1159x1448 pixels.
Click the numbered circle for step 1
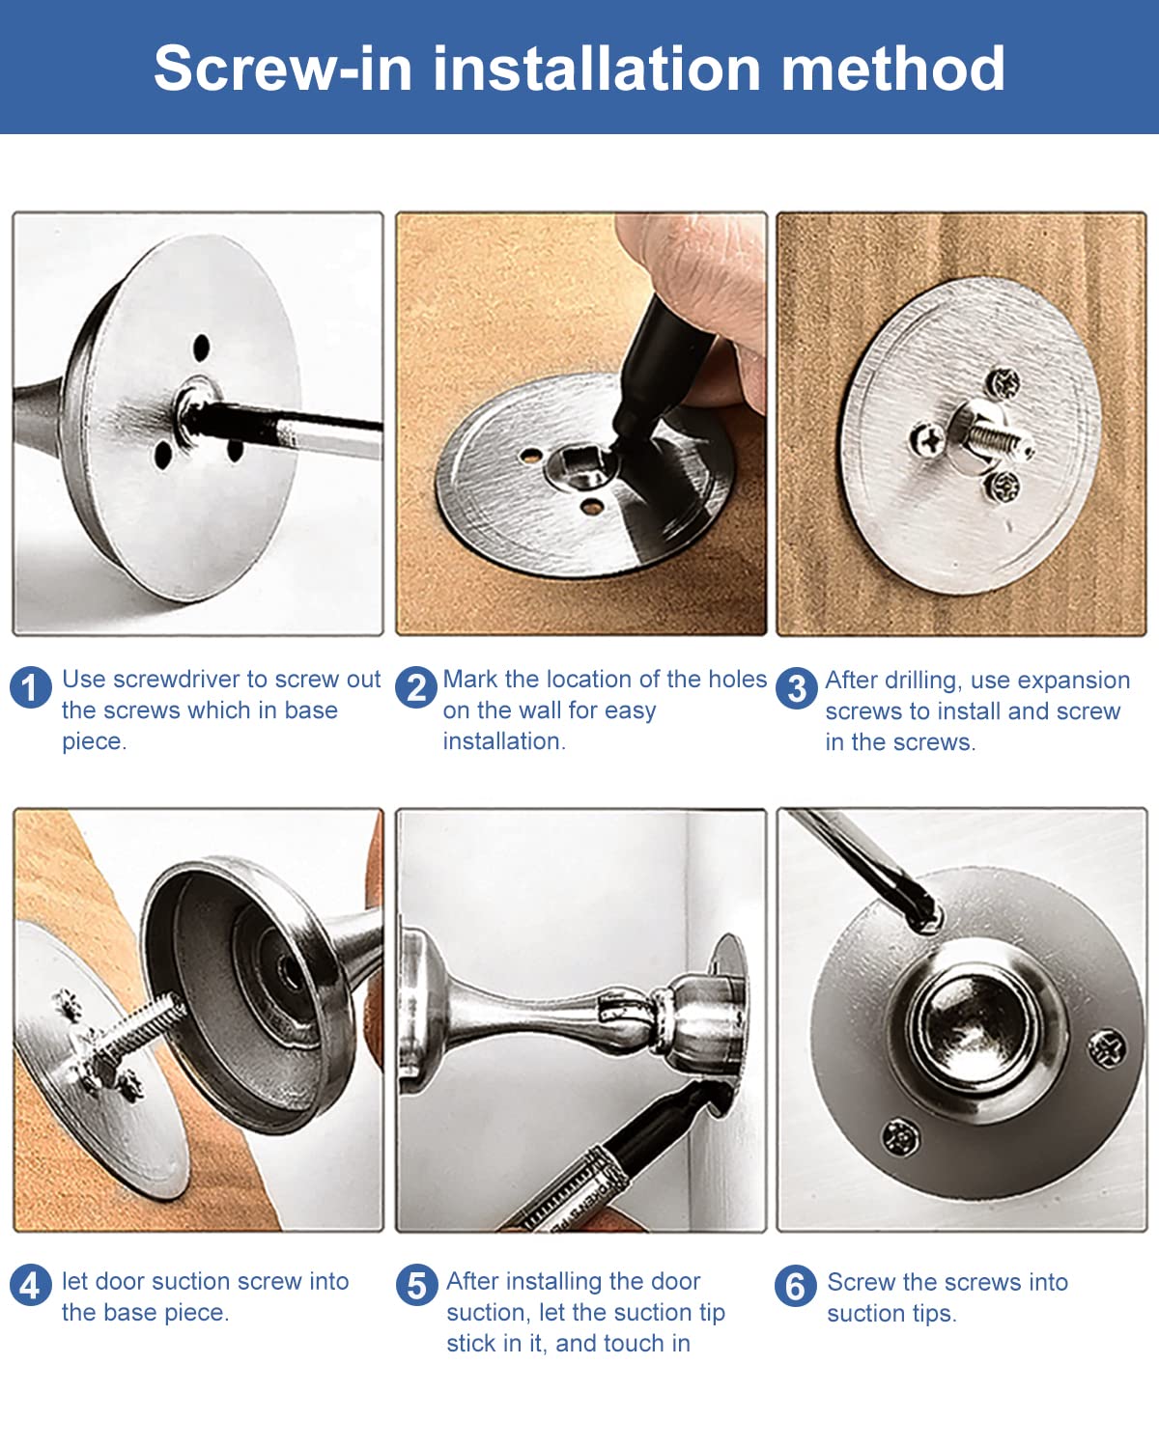[31, 687]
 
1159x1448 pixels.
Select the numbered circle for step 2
[416, 687]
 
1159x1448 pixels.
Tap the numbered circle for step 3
[797, 688]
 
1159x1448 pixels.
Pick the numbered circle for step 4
[31, 1285]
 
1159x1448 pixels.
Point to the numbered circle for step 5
[417, 1285]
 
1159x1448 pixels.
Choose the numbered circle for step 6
[795, 1286]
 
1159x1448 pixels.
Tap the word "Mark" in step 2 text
[470, 679]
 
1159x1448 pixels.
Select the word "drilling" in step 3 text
[920, 681]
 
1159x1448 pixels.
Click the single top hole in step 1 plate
[201, 348]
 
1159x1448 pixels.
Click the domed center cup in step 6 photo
[975, 1031]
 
